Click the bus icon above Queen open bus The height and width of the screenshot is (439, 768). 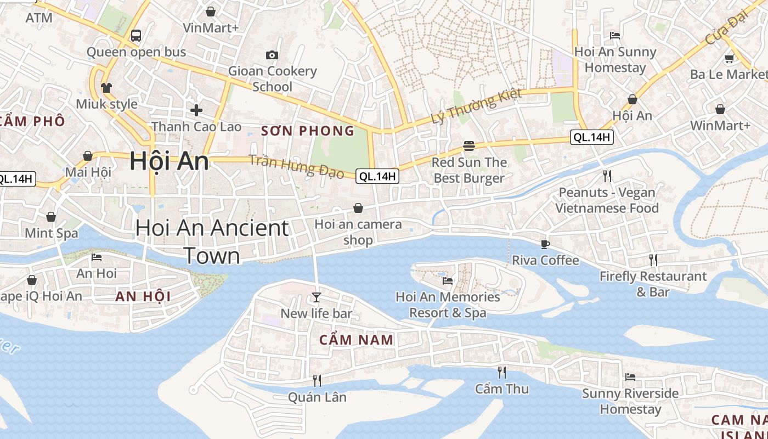pos(135,36)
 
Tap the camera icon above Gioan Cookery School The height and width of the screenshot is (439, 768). pos(272,55)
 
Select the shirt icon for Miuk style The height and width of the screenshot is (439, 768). pos(106,88)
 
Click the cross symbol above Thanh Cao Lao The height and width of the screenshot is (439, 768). pos(196,110)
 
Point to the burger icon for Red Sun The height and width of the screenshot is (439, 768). pos(468,146)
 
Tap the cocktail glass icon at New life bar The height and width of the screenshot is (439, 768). pos(316,297)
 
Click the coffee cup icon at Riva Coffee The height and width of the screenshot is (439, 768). pos(545,244)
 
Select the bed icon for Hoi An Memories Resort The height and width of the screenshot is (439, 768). pos(448,281)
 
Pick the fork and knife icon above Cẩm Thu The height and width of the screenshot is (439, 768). pos(501,373)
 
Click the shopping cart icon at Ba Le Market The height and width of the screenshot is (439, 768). pos(729,58)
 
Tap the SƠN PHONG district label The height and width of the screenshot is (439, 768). pos(308,131)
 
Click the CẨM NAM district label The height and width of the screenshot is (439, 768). pos(357,340)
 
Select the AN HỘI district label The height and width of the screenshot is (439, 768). pos(143,297)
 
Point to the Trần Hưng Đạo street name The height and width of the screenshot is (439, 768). pos(296,167)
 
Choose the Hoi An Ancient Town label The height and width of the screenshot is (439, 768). pos(212,241)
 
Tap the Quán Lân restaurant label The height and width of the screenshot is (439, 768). pos(317,397)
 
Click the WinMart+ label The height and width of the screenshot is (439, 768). pos(720,126)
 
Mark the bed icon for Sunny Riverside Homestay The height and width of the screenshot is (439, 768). pos(630,377)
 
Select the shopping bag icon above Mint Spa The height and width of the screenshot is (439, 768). pos(51,217)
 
